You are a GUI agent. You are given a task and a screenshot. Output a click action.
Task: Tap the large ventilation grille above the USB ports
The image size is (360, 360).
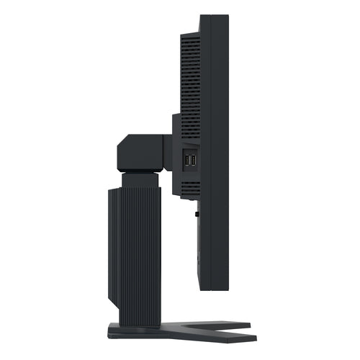click(189, 79)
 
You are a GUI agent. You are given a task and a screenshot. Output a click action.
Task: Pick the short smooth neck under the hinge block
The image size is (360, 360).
click(141, 181)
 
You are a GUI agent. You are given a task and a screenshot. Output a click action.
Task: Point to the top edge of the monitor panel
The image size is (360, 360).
click(214, 15)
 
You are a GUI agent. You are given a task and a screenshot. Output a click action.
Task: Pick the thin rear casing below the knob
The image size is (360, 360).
click(195, 248)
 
